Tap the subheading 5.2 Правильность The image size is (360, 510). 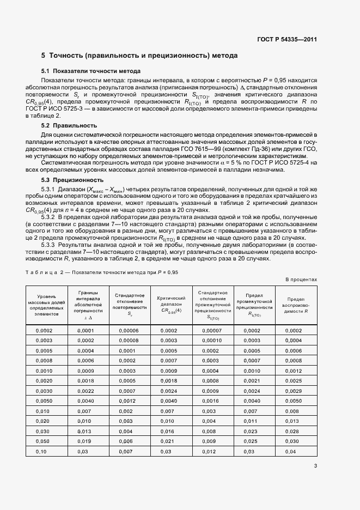pyautogui.click(x=69, y=125)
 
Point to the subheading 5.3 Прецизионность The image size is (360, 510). pyautogui.click(x=72, y=179)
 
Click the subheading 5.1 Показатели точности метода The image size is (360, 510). pyautogui.click(x=91, y=71)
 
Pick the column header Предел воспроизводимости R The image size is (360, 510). pyautogui.click(x=295, y=306)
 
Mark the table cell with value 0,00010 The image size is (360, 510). pyautogui.click(x=211, y=341)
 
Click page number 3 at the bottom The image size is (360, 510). pyautogui.click(x=315, y=465)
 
